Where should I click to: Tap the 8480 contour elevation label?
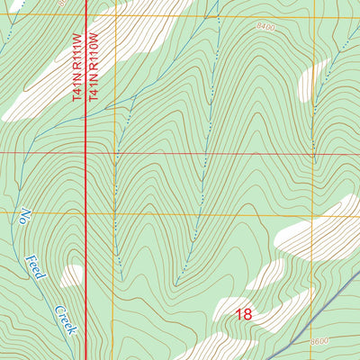[x=265, y=27]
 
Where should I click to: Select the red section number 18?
[x=243, y=315]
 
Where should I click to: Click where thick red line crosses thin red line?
[x=85, y=153]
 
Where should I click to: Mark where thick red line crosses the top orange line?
[x=85, y=16]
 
